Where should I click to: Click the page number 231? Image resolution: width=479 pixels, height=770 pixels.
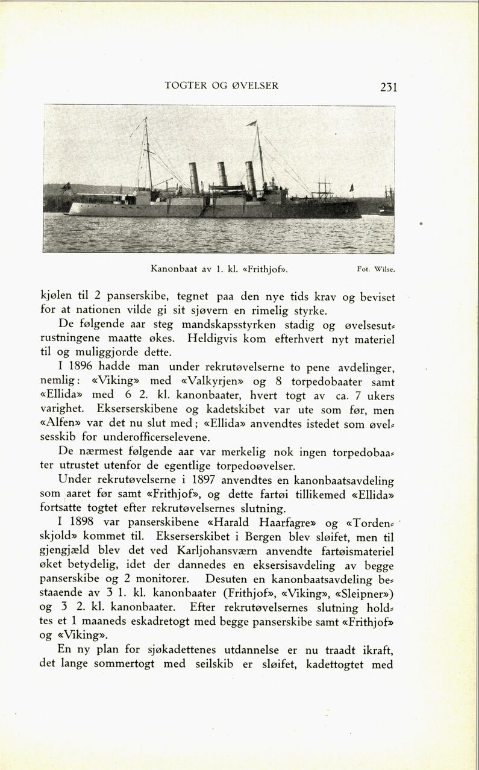[389, 87]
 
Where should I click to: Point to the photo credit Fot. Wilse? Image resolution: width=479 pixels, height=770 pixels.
[376, 269]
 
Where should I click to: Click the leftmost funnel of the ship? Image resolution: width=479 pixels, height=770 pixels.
[194, 178]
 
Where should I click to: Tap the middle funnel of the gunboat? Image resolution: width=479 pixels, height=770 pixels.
[223, 174]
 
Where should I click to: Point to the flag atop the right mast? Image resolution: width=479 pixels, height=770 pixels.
[251, 124]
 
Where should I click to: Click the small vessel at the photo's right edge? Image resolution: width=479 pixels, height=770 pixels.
[387, 202]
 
